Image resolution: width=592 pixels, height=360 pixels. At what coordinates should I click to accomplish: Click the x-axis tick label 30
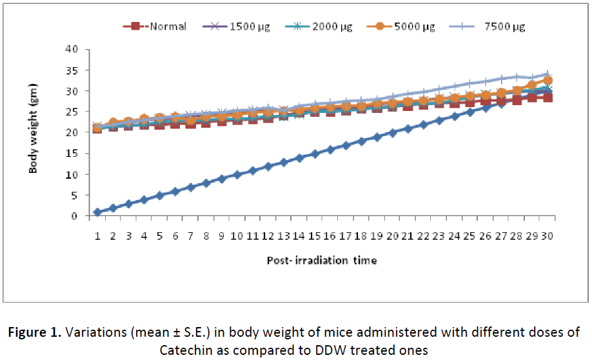click(548, 237)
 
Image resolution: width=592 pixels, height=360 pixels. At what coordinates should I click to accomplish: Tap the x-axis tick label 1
click(97, 237)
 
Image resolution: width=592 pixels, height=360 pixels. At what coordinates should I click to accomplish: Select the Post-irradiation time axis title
click(322, 261)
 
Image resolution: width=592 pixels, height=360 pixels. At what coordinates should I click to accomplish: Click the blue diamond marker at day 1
click(97, 212)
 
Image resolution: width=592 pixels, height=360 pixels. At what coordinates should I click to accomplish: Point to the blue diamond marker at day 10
click(237, 175)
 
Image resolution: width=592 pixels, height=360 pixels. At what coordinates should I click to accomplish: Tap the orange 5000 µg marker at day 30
click(548, 81)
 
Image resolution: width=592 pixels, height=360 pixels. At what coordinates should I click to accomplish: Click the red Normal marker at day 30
click(548, 97)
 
